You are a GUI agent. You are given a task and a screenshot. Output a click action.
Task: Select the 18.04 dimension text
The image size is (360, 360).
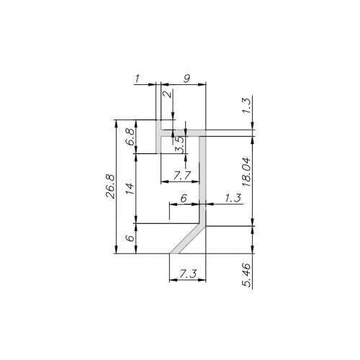247,174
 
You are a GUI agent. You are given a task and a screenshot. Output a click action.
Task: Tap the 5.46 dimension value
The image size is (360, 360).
247,274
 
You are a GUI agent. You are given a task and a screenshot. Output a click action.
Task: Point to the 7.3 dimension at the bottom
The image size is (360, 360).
187,273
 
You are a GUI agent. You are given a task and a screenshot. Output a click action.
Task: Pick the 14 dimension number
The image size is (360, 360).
130,189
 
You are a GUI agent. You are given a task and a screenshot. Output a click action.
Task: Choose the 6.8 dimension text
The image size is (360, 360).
130,136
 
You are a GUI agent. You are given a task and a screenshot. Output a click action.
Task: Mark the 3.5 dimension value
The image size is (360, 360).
180,144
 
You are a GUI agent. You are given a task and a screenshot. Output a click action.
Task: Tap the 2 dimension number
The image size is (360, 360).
166,94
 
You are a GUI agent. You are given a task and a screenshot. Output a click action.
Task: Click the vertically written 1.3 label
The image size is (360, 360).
247,107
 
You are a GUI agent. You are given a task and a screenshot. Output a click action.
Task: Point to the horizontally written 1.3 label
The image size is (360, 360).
232,197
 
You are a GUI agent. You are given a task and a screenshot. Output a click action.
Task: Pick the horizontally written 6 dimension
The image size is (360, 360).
184,198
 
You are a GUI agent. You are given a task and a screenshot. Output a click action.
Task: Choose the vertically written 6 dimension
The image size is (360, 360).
130,238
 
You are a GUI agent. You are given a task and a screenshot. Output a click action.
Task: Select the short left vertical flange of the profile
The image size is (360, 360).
158,137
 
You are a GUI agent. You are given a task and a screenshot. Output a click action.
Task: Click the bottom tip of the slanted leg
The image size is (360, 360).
174,253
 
